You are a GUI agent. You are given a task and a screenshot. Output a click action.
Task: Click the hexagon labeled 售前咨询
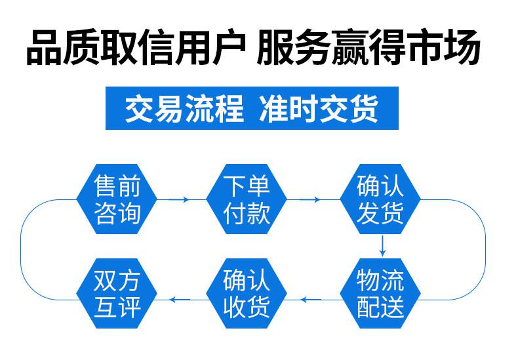coord(117,199)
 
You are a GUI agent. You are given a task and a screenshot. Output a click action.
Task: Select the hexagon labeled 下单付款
coord(247,199)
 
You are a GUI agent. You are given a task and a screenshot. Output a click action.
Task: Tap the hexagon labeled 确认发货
coord(380,199)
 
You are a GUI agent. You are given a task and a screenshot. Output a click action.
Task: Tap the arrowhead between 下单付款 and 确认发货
coord(318,199)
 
